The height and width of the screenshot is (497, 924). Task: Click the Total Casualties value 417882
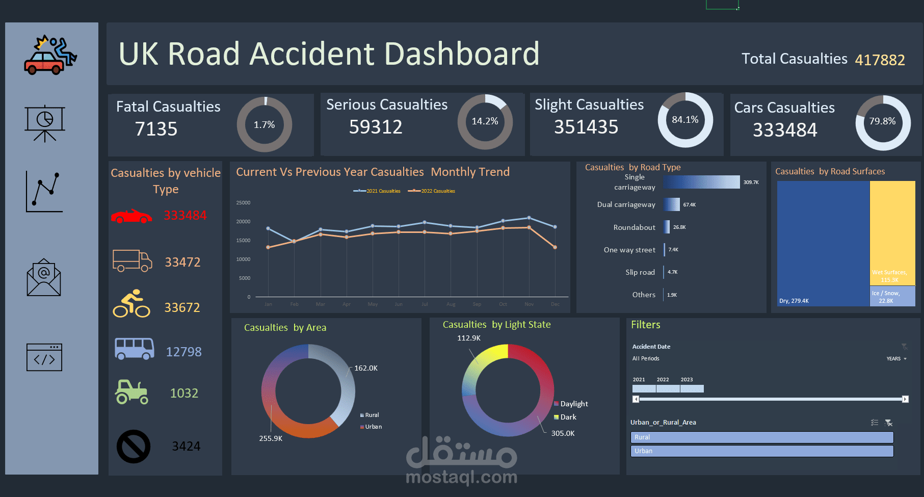[x=880, y=60]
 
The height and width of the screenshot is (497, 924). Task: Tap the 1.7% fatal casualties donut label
[x=264, y=125]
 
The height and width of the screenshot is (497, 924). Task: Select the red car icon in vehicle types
[x=131, y=217]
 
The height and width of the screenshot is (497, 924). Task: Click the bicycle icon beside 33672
[x=131, y=304]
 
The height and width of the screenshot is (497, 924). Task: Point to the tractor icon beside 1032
[x=131, y=392]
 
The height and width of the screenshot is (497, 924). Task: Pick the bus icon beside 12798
[x=134, y=349]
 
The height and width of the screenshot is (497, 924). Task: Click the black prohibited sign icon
[x=134, y=447]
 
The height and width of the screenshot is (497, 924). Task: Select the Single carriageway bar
[x=701, y=182]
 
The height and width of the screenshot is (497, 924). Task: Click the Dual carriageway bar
[x=672, y=204]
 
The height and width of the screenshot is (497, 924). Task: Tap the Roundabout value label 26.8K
[x=679, y=227]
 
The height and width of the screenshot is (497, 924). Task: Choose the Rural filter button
[x=761, y=437]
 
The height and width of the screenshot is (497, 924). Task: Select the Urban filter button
[x=761, y=451]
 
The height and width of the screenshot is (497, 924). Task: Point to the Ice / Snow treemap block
[x=892, y=296]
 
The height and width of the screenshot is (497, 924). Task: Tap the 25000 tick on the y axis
[x=243, y=203]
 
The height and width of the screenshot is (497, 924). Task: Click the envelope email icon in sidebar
[x=44, y=278]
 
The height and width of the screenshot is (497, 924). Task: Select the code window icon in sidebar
[x=44, y=357]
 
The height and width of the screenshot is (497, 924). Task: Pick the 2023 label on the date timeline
[x=687, y=380]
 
